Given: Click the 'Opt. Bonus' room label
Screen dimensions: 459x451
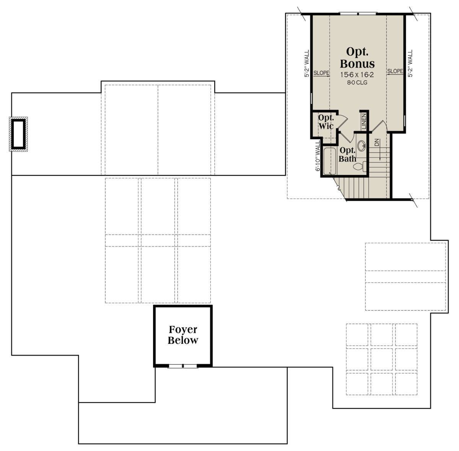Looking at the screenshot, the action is point(357,57).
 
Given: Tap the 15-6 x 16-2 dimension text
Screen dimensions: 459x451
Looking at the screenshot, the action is point(357,75).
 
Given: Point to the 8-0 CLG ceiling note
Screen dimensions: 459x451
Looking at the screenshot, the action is point(357,83).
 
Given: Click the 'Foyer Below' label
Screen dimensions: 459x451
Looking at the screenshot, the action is point(183,335).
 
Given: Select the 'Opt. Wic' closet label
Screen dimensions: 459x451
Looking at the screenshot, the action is point(326,122).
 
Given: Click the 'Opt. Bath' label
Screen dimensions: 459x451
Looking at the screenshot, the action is point(347,155).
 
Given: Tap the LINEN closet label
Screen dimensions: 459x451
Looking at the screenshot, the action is point(364,122).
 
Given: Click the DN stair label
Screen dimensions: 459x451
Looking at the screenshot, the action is point(377,142).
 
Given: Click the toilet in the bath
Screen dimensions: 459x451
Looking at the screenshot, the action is point(360,166).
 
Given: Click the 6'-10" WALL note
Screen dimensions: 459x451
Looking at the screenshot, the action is point(317,156).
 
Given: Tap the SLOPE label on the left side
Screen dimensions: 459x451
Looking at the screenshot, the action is point(321,73).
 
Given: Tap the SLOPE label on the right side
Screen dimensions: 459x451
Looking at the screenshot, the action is point(395,71).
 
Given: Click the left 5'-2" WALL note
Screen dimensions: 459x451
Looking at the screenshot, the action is point(307,63).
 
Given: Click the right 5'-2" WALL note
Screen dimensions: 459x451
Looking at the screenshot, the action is point(410,63).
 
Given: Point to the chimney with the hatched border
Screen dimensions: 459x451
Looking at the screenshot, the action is point(19,134).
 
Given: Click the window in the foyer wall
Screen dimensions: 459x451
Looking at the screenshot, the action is point(183,366).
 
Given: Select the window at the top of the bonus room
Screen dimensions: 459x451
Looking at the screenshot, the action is point(358,14).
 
